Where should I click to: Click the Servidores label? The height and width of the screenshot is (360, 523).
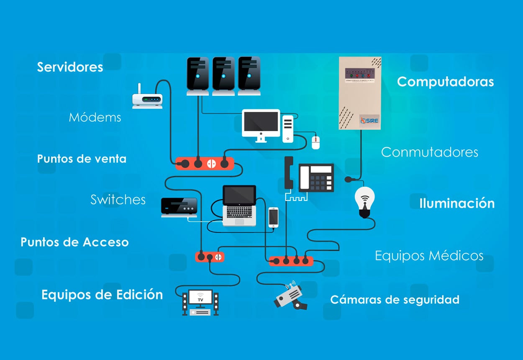click(x=70, y=67)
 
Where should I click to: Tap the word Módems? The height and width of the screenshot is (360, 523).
click(x=95, y=117)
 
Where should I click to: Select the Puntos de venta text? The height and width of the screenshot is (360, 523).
click(x=82, y=159)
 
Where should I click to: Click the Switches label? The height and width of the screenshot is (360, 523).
click(x=118, y=200)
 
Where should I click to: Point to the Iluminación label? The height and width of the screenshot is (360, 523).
click(x=457, y=203)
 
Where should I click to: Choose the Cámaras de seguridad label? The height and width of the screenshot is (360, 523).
click(x=395, y=300)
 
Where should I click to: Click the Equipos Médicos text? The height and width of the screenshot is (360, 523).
click(x=429, y=256)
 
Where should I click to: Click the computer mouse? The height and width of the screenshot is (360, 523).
click(x=315, y=142)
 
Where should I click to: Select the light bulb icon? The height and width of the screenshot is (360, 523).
click(x=365, y=200)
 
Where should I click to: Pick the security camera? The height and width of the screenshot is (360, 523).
click(x=290, y=296)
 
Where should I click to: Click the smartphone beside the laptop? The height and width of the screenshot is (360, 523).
click(x=273, y=217)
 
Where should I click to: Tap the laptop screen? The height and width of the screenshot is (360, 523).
click(x=239, y=195)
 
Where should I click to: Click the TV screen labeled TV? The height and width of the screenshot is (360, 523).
click(x=200, y=298)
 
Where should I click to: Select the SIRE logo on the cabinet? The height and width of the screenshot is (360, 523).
click(x=369, y=121)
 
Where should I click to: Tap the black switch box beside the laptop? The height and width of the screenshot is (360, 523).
click(x=179, y=207)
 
